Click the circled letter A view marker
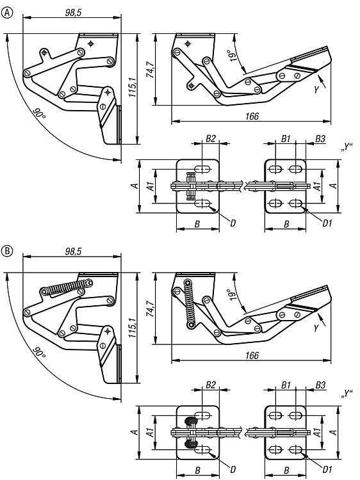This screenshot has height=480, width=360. click(7, 13)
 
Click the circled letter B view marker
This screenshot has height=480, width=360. click(7, 252)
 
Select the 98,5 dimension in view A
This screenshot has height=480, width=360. click(73, 12)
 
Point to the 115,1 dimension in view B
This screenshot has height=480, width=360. click(132, 328)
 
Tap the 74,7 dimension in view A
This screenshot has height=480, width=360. click(151, 70)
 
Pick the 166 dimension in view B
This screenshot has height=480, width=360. click(252, 355)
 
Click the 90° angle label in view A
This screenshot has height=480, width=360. click(39, 114)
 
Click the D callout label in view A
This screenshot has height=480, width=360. click(233, 223)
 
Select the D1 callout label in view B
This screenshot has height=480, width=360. click(327, 469)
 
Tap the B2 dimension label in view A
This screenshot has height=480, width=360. click(211, 139)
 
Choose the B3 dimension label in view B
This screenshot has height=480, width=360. click(320, 385)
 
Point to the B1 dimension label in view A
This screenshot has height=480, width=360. click(286, 139)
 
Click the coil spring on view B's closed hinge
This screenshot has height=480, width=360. click(67, 287)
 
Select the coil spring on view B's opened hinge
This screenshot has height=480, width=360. click(190, 303)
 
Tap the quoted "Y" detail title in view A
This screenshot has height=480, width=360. click(346, 147)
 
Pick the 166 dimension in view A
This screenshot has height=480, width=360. click(252, 116)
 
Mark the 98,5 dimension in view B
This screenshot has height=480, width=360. click(73, 252)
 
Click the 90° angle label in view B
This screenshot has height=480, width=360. click(39, 353)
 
